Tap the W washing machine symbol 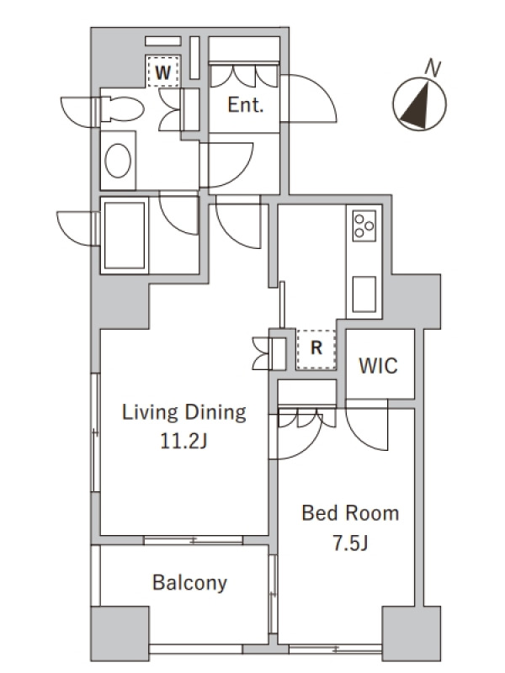tap(162, 72)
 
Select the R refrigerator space tap(316, 348)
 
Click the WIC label tap(378, 366)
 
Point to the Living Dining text tap(184, 412)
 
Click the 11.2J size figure tap(183, 441)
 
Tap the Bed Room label tap(350, 513)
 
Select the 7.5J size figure tap(350, 543)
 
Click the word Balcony tap(189, 583)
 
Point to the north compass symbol tap(419, 103)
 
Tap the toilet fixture tap(122, 109)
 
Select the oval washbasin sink tap(118, 161)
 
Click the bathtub tap(125, 236)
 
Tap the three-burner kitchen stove tap(364, 225)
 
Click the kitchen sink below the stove tap(364, 294)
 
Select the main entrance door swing tap(308, 98)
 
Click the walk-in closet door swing tap(367, 425)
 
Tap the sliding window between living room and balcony tap(194, 540)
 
